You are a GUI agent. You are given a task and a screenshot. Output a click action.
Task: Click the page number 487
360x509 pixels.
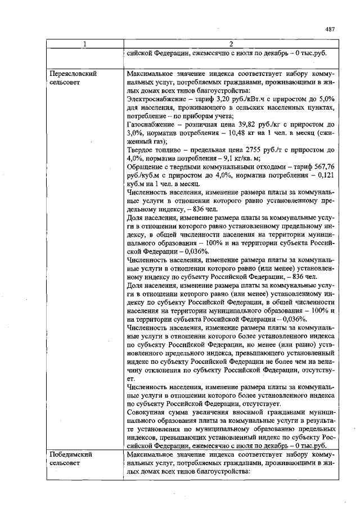coord(330,29)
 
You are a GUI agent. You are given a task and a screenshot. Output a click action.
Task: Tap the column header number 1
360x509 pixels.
coord(84,44)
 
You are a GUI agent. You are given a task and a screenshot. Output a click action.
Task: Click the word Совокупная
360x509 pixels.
coord(148,412)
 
